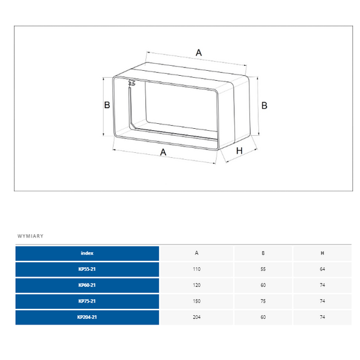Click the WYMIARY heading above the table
30,236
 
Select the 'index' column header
87,253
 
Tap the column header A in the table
196,253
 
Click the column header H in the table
322,253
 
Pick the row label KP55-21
87,269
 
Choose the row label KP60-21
87,285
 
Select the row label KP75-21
87,301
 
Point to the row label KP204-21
87,317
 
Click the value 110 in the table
196,270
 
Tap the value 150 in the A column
196,301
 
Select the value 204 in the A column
196,317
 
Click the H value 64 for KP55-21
322,270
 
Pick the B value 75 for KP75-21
263,301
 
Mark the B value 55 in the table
263,270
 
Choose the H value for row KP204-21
322,317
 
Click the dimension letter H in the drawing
239,151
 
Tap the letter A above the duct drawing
198,52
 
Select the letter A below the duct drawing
163,152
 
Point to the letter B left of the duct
107,105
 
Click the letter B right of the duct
264,105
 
